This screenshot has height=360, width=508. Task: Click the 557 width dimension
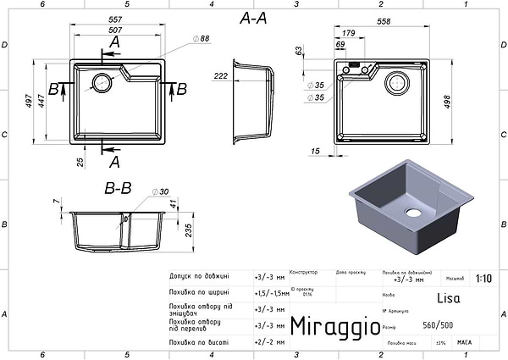pyautogui.click(x=118, y=19)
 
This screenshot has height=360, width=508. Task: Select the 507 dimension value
pyautogui.click(x=118, y=30)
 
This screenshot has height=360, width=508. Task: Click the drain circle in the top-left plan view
pyautogui.click(x=100, y=82)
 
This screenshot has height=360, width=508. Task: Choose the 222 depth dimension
pyautogui.click(x=220, y=76)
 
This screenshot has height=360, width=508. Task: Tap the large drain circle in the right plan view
pyautogui.click(x=397, y=83)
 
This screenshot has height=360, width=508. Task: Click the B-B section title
pyautogui.click(x=117, y=188)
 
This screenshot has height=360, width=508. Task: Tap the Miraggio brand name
pyautogui.click(x=329, y=326)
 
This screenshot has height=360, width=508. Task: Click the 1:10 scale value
pyautogui.click(x=483, y=277)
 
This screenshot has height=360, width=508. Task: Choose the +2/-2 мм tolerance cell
pyautogui.click(x=269, y=341)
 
